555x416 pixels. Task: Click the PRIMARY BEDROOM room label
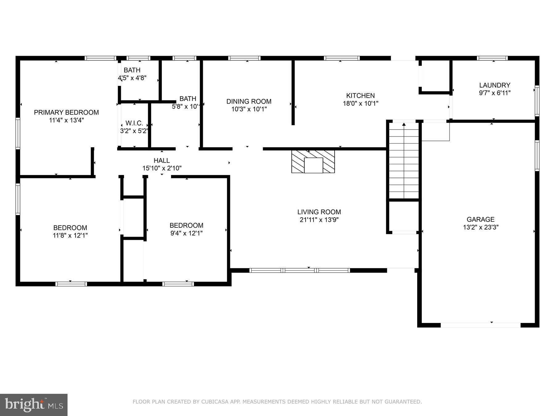pos(66,112)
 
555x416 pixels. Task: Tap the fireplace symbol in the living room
pos(313,161)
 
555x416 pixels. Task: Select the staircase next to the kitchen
pos(404,160)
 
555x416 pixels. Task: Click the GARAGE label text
pos(480,219)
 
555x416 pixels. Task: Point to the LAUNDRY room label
pos(495,85)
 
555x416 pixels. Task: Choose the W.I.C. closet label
pos(134,123)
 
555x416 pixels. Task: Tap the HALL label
pos(162,161)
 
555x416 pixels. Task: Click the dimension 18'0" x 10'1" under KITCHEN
pos(360,104)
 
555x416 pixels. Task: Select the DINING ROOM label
pos(249,101)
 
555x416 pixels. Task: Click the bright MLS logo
pos(34,405)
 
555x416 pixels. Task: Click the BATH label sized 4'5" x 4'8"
pos(132,70)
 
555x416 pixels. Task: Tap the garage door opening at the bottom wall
pos(480,325)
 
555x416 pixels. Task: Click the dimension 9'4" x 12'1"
pos(186,233)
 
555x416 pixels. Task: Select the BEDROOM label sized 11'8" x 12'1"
pos(70,228)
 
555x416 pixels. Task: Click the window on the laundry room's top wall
pos(492,58)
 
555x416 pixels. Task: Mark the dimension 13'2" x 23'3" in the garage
pos(480,227)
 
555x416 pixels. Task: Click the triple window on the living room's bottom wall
pos(299,271)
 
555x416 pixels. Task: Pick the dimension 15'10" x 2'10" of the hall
pos(162,168)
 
